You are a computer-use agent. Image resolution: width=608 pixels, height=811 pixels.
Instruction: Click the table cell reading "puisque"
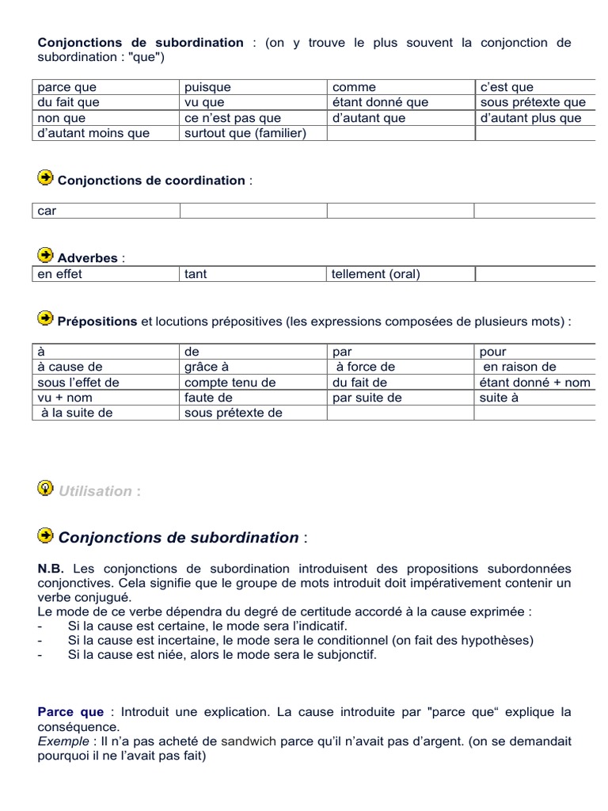[x=207, y=87]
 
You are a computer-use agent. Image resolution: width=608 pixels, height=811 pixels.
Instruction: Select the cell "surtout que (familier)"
[x=245, y=133]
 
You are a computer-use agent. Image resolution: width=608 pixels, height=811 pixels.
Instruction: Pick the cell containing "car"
[x=47, y=211]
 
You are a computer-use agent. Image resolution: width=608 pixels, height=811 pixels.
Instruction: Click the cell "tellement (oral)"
[x=376, y=274]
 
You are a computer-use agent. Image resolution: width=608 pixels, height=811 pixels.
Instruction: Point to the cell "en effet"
[x=60, y=274]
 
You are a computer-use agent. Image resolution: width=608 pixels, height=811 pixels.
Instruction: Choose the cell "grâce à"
[x=206, y=367]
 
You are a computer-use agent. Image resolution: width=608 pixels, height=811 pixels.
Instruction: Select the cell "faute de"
[x=208, y=398]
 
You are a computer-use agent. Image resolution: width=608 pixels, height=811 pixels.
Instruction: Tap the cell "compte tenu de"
[x=230, y=383]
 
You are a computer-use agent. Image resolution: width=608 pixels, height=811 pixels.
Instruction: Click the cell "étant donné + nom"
[x=534, y=383]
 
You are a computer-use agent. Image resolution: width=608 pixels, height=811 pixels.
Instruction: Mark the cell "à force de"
[x=365, y=367]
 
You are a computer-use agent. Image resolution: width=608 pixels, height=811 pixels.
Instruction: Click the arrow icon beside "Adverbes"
[x=46, y=255]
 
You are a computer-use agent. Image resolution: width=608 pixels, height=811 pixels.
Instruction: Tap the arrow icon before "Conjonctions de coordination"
[x=46, y=177]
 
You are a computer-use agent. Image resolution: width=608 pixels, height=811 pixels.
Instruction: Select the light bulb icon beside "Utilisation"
[x=46, y=488]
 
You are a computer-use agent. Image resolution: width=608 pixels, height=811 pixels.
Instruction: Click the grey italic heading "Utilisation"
[x=95, y=491]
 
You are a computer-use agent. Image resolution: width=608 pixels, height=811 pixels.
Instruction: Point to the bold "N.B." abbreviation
[x=51, y=569]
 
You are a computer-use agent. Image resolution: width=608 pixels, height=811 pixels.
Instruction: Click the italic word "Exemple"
[x=63, y=741]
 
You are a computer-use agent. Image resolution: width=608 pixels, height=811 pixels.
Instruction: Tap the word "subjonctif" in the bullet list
[x=345, y=655]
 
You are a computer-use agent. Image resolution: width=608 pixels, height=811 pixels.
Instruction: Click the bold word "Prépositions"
[x=97, y=322]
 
